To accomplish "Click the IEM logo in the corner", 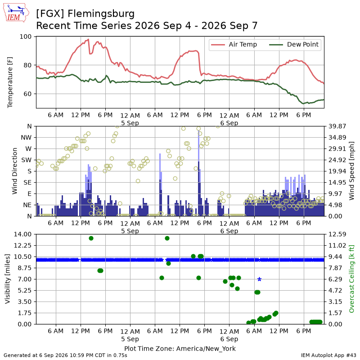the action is [x=16, y=13].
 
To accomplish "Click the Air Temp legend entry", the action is [x=234, y=45].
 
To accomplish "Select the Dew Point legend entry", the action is [x=294, y=45].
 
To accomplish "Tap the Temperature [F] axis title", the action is [x=9, y=82].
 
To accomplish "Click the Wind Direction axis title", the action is [x=15, y=171].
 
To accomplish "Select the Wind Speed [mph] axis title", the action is [x=351, y=171].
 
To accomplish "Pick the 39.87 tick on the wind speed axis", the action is [x=337, y=126].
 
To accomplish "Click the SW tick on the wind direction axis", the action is [x=27, y=160].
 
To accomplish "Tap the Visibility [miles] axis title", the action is [x=8, y=279].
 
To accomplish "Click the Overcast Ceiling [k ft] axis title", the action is [x=351, y=279].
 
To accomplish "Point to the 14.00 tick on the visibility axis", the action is [x=22, y=234].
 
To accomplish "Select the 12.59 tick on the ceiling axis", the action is [x=337, y=234].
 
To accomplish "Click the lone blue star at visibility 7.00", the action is [x=260, y=279].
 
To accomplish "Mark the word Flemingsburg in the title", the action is [x=101, y=14].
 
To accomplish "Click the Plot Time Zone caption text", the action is [x=180, y=348].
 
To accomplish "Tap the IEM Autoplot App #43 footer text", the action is [x=328, y=355].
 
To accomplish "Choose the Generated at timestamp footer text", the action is [x=65, y=355].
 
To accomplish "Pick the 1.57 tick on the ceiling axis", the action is [x=337, y=313].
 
